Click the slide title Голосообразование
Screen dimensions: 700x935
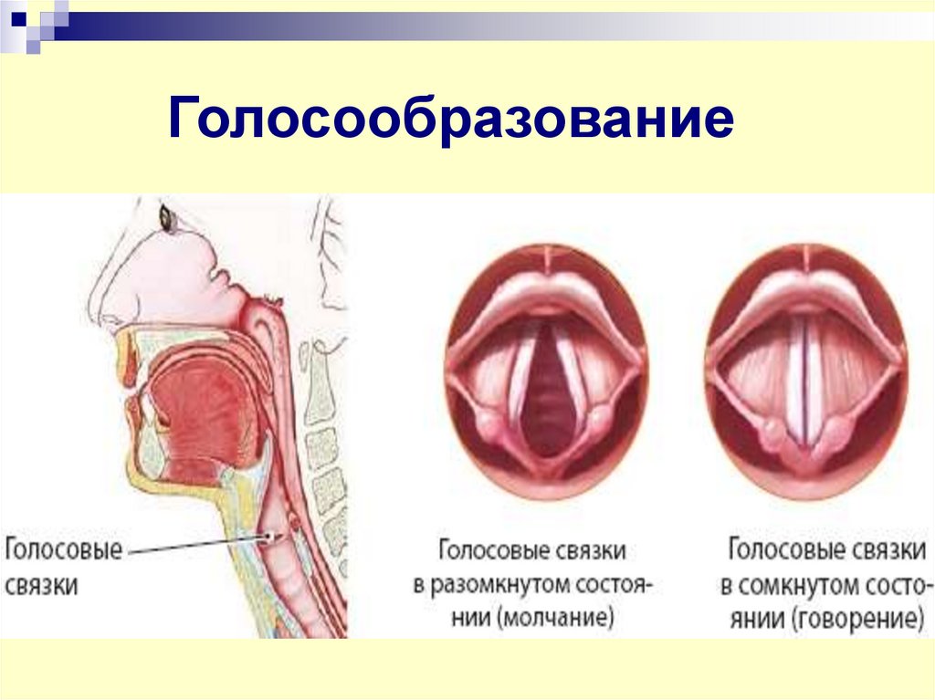pos(450,120)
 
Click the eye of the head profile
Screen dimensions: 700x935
pos(168,217)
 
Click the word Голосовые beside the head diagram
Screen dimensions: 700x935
pos(64,551)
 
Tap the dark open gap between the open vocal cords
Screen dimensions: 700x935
pos(546,392)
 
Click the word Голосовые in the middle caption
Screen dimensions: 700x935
pos(490,551)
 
